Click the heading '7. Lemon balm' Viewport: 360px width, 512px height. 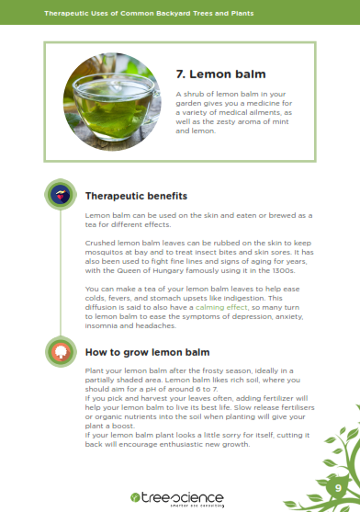tap(220, 74)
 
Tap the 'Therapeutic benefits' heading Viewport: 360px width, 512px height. tap(136, 196)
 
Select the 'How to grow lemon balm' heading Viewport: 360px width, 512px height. tap(147, 352)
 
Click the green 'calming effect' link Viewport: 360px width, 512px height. tap(221, 307)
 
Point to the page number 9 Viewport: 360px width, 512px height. tap(338, 488)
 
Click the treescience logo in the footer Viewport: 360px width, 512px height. tap(177, 500)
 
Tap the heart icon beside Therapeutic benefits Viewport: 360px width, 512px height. tap(61, 195)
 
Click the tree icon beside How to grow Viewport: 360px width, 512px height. tap(61, 352)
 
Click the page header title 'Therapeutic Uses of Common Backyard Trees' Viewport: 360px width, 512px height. tap(149, 14)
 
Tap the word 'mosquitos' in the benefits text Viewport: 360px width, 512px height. tap(102, 253)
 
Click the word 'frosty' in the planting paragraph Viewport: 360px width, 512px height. tap(212, 371)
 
